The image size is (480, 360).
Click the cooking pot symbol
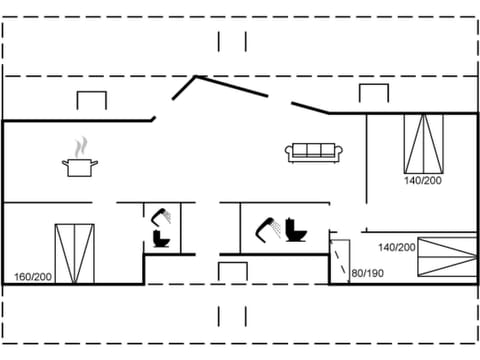pyautogui.click(x=80, y=167)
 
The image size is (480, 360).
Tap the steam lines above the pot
pyautogui.click(x=80, y=147)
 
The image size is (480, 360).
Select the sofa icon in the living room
pyautogui.click(x=315, y=152)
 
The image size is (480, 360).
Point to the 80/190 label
pyautogui.click(x=367, y=272)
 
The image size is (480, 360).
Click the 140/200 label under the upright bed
pyautogui.click(x=422, y=181)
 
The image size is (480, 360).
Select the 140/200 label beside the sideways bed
pyautogui.click(x=396, y=247)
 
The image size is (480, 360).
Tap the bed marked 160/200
pyautogui.click(x=75, y=254)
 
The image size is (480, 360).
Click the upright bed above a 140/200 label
pyautogui.click(x=422, y=142)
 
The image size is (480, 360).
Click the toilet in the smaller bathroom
pyautogui.click(x=160, y=240)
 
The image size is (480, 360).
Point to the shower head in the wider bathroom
pyautogui.click(x=267, y=227)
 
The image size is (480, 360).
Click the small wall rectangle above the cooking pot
pyautogui.click(x=91, y=101)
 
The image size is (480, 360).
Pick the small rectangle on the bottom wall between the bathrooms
pyautogui.click(x=232, y=272)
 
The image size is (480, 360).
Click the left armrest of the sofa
pyautogui.click(x=290, y=153)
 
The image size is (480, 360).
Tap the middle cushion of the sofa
pyautogui.click(x=315, y=150)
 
